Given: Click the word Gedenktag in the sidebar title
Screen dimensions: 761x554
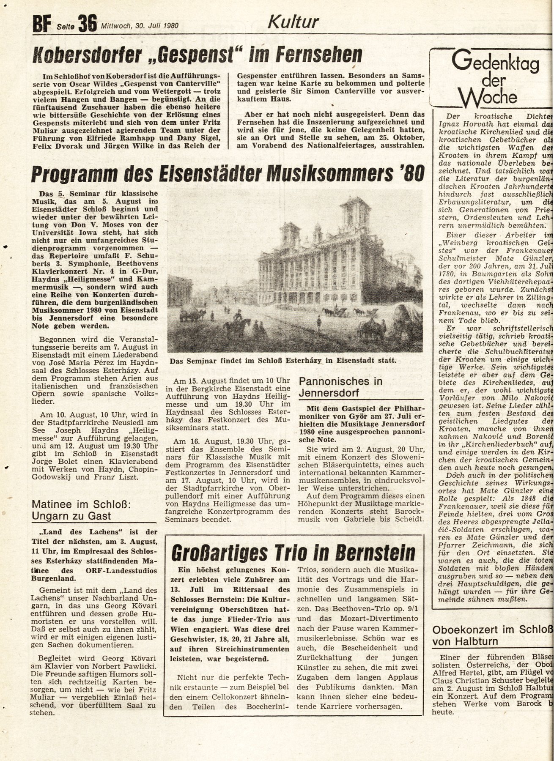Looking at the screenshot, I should tap(495, 64).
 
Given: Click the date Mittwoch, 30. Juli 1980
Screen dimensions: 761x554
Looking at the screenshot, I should tap(140, 26).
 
